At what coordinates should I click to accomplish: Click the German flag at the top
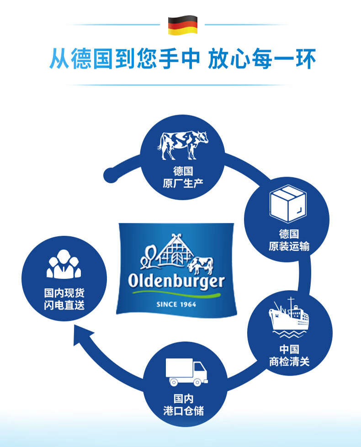coord(183,25)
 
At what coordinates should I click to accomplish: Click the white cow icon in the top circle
coord(183,145)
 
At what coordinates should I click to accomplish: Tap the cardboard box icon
coord(288,204)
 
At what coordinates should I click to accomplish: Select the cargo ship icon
coord(289,317)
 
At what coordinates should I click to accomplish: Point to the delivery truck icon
coord(186,372)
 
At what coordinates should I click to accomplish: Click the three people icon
coord(64,264)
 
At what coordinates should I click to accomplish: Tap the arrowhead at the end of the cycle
coord(82,336)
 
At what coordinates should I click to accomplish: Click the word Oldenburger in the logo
coord(176,282)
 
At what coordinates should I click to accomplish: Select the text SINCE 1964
coord(176,304)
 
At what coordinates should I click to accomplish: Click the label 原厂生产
coord(183,183)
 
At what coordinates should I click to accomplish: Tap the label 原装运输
coord(289,246)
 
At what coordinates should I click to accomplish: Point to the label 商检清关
coord(289,362)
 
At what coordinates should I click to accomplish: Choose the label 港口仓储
coord(184,411)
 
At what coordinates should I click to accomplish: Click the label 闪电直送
coord(64,305)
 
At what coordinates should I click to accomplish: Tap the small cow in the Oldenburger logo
coord(201,266)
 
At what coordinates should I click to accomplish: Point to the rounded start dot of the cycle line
coord(111,175)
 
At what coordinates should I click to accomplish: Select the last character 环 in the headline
coord(306,59)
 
